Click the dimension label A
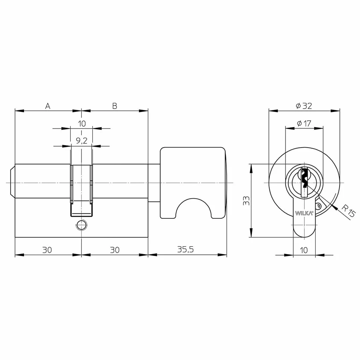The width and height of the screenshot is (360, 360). click(48, 106)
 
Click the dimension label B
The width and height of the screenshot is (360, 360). click(115, 106)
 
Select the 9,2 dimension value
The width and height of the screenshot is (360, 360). click(82, 140)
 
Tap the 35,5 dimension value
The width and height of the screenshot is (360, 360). click(186, 249)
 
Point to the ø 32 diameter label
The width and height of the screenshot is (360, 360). click(304, 106)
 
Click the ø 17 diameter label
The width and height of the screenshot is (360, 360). click(304, 123)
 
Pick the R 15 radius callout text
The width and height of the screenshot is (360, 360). click(348, 211)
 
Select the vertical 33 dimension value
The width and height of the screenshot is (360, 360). click(246, 201)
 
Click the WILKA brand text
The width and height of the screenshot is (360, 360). click(304, 213)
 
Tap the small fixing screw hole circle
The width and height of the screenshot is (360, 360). click(81, 225)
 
